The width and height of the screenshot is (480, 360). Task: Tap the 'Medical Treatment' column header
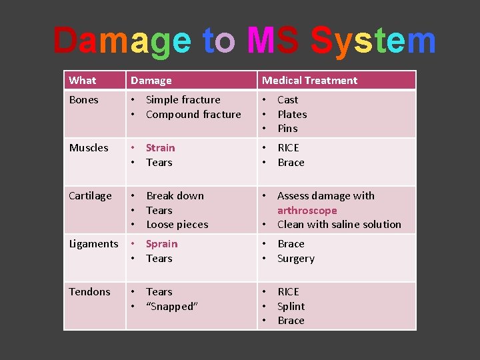[x=309, y=80]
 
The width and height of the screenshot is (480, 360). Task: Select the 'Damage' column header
[x=151, y=80]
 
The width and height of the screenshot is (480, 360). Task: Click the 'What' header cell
[x=83, y=80]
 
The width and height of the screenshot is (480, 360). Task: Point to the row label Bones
[x=84, y=100]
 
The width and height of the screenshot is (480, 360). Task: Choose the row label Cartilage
[x=91, y=196]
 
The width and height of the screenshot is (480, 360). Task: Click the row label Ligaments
[x=94, y=244]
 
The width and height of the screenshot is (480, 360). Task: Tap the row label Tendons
[x=90, y=292]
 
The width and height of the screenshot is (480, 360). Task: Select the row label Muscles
[x=89, y=148]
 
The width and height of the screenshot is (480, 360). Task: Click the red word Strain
[x=160, y=148]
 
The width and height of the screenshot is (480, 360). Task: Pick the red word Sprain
[x=161, y=244]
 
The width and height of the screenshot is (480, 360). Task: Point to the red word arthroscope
[x=307, y=210]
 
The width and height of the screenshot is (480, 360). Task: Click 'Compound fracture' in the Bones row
[x=193, y=115]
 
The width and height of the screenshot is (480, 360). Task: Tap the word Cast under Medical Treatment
[x=288, y=100]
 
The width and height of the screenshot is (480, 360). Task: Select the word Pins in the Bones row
[x=287, y=129]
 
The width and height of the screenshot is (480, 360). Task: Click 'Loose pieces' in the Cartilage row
[x=177, y=225]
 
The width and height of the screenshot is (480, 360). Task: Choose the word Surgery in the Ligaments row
[x=296, y=259]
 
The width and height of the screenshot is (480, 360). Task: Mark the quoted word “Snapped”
[x=172, y=307]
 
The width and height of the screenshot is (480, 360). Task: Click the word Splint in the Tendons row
[x=291, y=307]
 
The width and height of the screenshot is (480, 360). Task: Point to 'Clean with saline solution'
[x=339, y=225]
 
